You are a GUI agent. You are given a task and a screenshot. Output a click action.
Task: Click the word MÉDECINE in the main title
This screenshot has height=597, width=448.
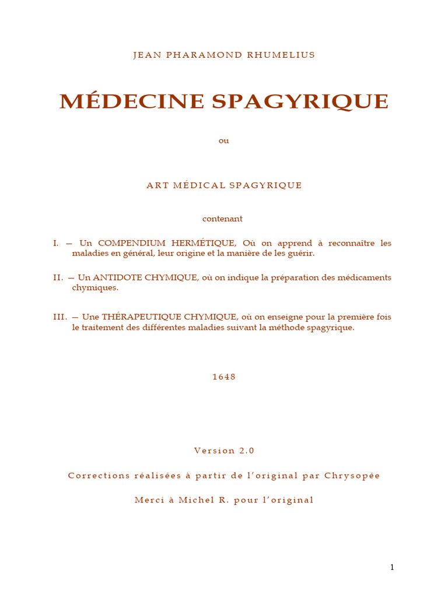[x=132, y=101]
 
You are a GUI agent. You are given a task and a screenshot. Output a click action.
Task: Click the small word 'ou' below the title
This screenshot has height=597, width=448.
[x=224, y=141]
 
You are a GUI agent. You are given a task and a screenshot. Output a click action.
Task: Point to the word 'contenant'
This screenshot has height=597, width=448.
[x=222, y=219]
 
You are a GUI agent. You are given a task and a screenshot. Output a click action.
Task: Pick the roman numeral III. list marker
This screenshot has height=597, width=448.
[x=60, y=317]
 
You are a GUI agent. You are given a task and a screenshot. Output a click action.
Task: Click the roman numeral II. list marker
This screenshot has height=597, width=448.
[x=58, y=278]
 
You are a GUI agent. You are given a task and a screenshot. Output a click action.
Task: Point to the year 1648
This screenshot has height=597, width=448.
[x=224, y=377]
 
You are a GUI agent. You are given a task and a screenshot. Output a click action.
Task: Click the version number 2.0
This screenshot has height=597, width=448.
[x=246, y=451]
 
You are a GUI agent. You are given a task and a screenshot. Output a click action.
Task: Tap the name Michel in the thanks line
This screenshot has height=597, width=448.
[x=197, y=500]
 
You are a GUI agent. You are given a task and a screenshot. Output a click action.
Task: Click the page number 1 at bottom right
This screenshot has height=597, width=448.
[x=393, y=567]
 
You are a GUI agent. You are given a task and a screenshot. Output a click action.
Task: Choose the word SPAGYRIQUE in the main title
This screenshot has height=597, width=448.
[x=300, y=102]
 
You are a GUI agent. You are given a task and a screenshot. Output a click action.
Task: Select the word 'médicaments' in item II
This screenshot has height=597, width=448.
[x=366, y=278]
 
